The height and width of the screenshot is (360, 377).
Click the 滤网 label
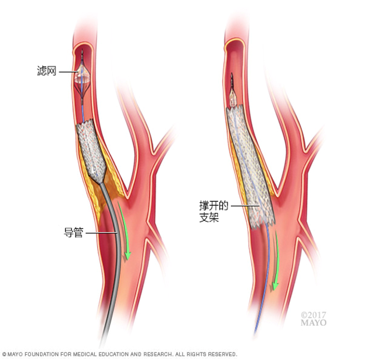47,71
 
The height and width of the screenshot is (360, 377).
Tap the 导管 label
73,233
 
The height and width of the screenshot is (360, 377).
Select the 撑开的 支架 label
214,212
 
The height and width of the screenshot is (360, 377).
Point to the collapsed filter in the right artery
233,94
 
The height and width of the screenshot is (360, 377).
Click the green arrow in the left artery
125,231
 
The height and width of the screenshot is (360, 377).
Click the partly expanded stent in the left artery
91,151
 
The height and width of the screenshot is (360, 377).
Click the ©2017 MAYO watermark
313,319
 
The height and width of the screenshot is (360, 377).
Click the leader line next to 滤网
68,72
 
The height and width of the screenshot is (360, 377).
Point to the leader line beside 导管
101,233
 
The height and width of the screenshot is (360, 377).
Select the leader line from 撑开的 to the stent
245,205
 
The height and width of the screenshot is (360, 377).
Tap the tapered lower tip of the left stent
99,181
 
